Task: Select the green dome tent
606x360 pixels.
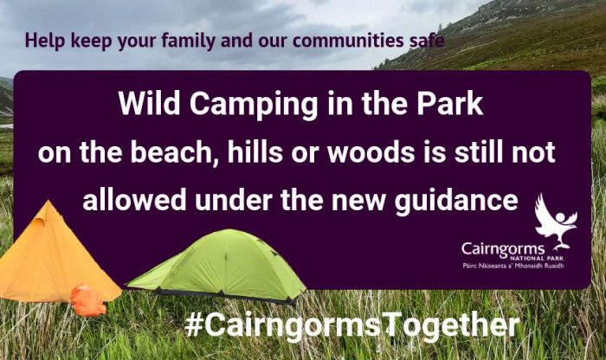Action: [x=218, y=266]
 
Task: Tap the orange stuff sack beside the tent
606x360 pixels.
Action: [x=88, y=300]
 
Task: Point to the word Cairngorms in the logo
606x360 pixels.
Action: [x=503, y=249]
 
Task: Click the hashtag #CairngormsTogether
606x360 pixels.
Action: [x=351, y=325]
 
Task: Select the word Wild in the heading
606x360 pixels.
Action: [x=149, y=104]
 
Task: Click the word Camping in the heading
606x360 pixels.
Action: [x=254, y=105]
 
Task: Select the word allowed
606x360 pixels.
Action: [x=135, y=199]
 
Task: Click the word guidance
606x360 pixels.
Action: [x=456, y=201]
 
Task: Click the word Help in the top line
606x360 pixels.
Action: [x=45, y=41]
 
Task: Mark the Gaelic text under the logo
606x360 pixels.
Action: [x=513, y=266]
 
